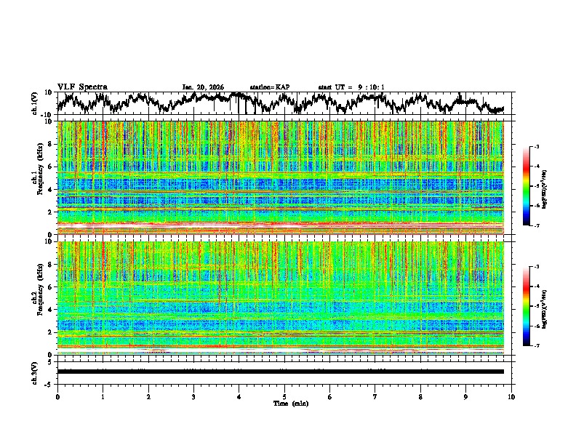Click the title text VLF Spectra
point(82,87)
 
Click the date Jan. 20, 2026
point(204,87)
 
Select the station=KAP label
point(270,87)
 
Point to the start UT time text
point(351,87)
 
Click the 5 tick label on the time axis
point(284,396)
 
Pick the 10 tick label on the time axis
point(511,396)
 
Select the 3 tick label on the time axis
point(193,396)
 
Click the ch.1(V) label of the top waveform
point(35,103)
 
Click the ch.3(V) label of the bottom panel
point(35,372)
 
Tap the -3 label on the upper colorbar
point(536,147)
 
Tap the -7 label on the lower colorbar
point(536,346)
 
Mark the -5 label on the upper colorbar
point(536,186)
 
